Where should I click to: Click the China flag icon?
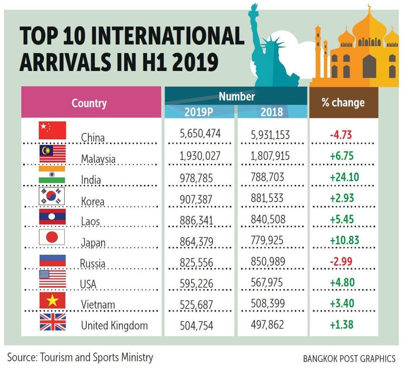(52, 130)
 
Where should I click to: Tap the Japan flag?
(52, 237)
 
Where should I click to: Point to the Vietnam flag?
(52, 300)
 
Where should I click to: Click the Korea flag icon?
(52, 196)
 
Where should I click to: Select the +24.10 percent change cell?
(344, 177)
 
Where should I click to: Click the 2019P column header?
(199, 112)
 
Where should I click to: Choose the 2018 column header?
(272, 112)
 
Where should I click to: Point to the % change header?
(343, 103)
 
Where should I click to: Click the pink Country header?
(89, 103)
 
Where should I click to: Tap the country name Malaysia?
(98, 159)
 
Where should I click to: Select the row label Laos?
(90, 221)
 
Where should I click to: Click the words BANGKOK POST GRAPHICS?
(349, 358)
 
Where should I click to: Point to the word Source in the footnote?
(21, 358)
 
